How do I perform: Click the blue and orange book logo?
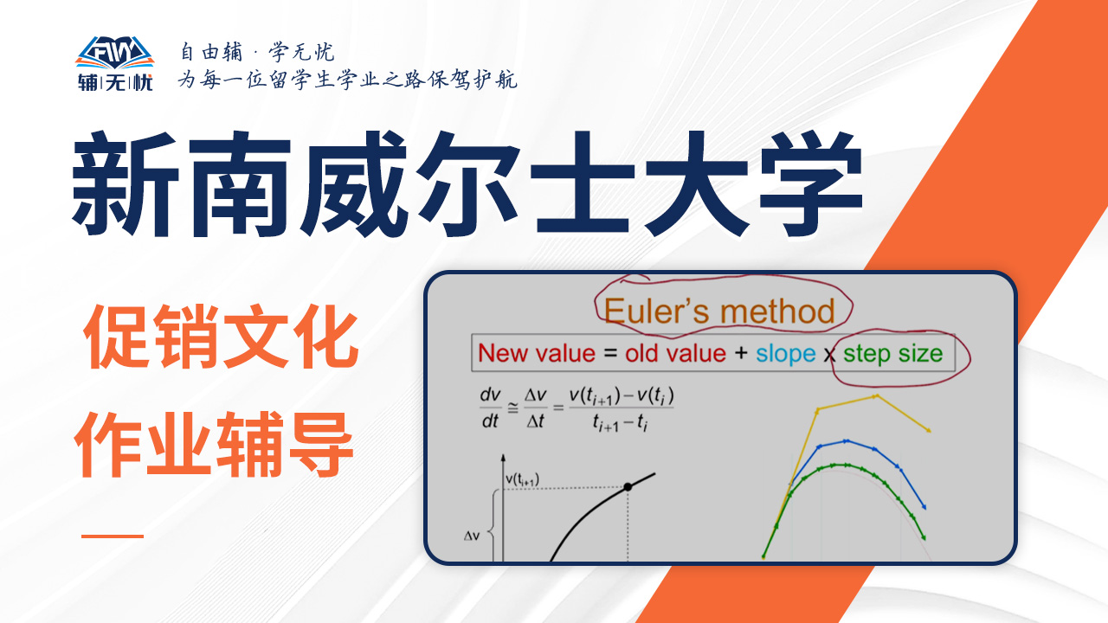coord(115,53)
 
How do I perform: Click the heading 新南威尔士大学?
coord(468,184)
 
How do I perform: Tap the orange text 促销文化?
coord(221,337)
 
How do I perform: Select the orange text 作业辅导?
coord(214,444)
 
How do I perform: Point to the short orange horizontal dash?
coord(113,536)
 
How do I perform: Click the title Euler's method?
coord(719,311)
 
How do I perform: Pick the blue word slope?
coord(785,354)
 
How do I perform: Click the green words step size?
coord(892,354)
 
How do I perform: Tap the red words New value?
coord(537,354)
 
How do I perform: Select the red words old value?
coord(675,354)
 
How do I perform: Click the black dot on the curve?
coord(628,487)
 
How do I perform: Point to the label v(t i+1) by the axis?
coord(522,479)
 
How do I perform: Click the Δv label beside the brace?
coord(472,536)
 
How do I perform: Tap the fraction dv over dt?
coord(490,408)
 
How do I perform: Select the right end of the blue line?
coord(924,508)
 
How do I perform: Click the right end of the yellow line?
coord(930,431)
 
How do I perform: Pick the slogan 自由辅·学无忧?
coord(257,52)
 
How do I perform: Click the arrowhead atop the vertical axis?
coord(503,458)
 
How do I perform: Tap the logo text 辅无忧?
coord(115,82)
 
